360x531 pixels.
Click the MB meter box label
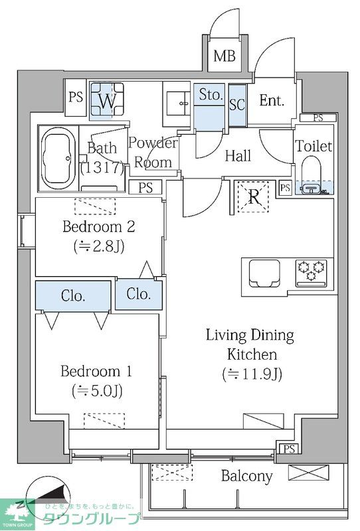point(225,56)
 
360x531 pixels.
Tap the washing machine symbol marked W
point(107,101)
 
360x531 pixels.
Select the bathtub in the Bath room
point(58,159)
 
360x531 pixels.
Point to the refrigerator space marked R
point(253,196)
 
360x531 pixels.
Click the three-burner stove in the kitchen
point(312,273)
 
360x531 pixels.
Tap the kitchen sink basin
point(265,273)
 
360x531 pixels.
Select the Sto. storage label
point(211,94)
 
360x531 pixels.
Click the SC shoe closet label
point(237,105)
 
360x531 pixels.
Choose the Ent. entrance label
point(271,101)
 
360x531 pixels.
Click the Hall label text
point(238,156)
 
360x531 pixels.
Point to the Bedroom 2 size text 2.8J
point(99,246)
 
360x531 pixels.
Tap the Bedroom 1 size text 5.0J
point(97,391)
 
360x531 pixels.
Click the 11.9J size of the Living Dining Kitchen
point(252,374)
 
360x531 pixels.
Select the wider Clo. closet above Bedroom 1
point(73,295)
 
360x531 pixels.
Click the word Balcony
point(247,476)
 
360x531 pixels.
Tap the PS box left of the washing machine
point(76,98)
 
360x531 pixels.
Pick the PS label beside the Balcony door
point(289,449)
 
